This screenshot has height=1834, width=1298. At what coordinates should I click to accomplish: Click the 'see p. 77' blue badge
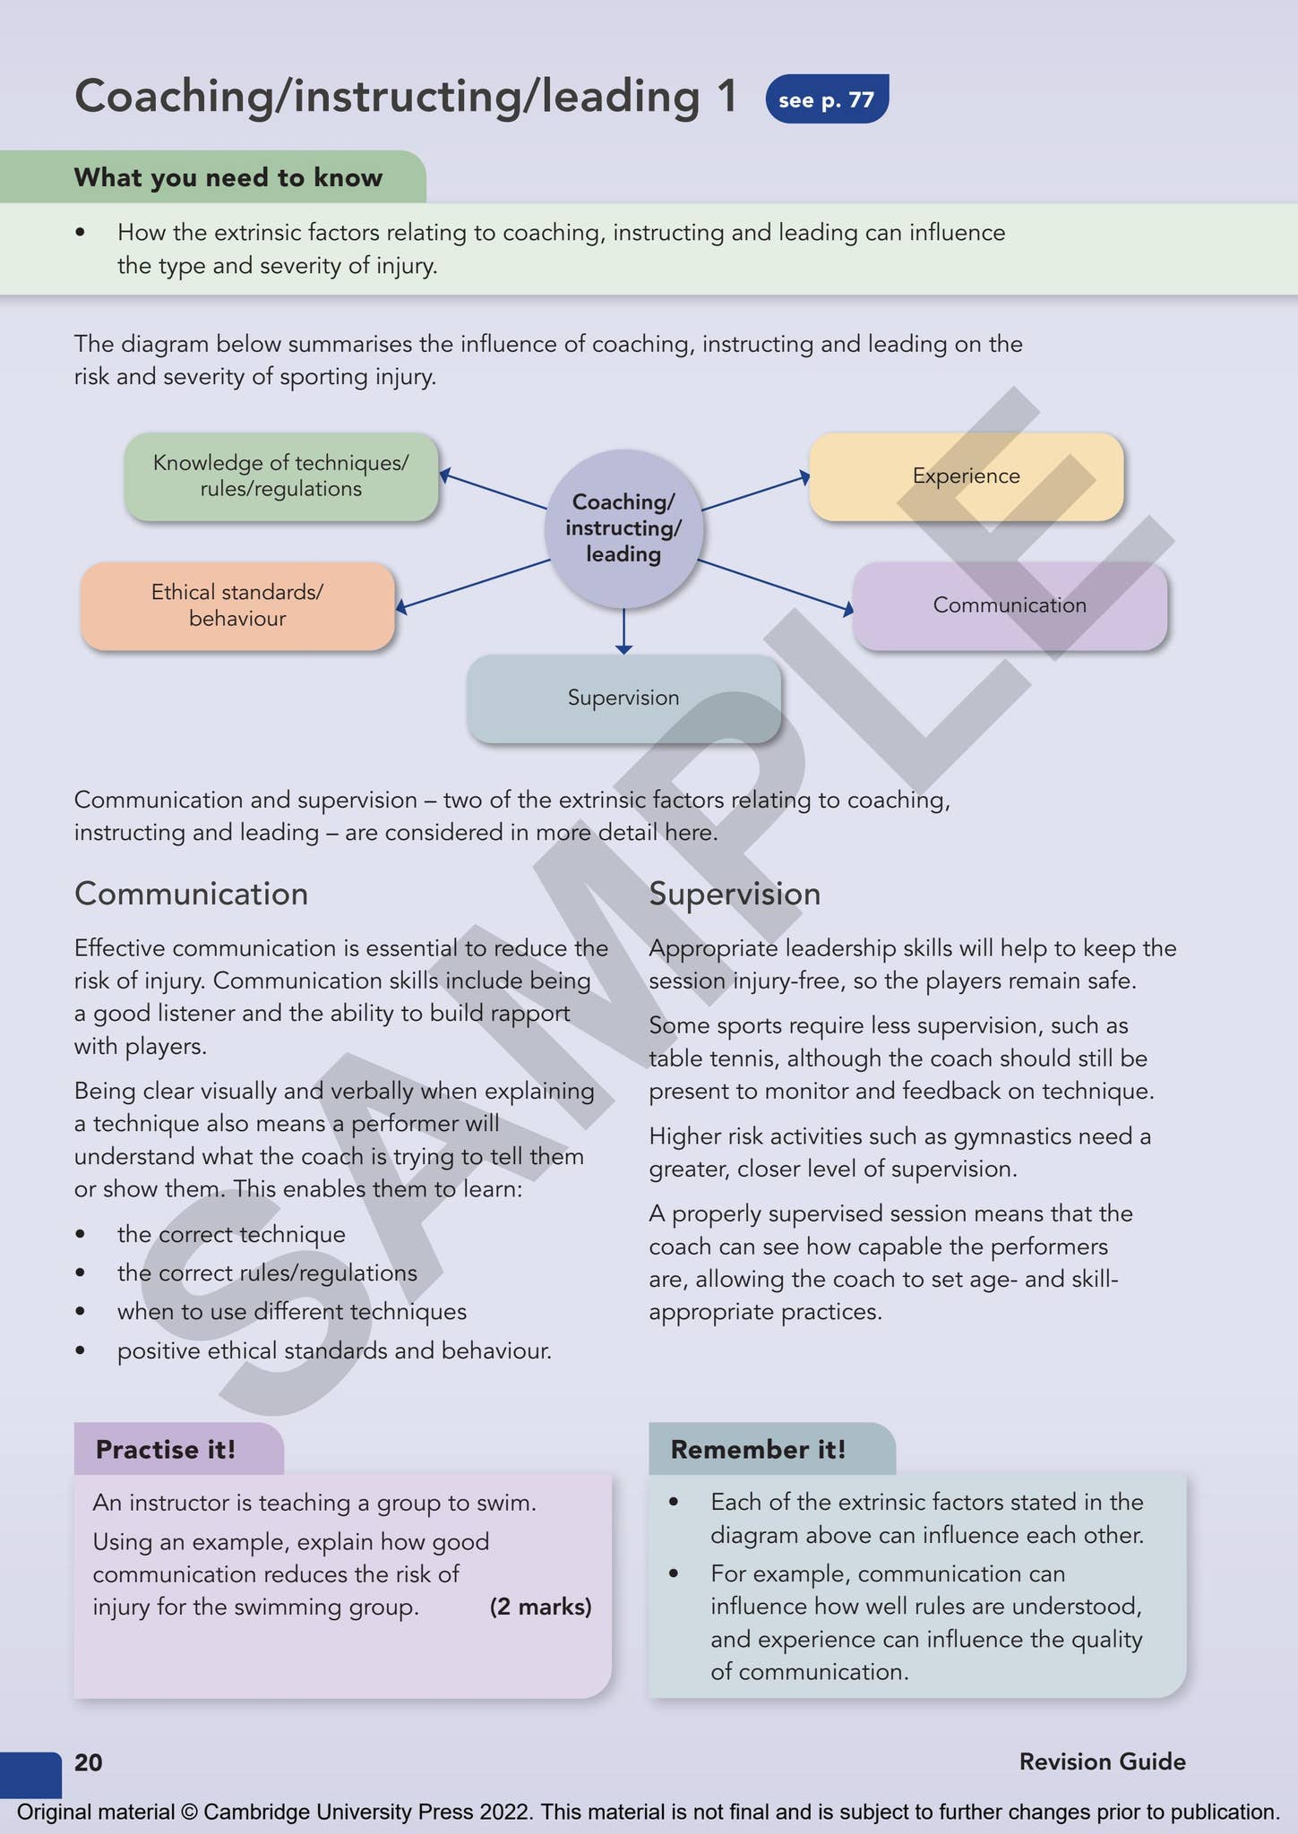(826, 99)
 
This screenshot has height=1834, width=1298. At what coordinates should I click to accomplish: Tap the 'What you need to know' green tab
(228, 177)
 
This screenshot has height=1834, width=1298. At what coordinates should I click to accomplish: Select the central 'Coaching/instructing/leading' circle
(623, 528)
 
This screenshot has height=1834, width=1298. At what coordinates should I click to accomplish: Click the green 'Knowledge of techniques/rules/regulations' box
(280, 476)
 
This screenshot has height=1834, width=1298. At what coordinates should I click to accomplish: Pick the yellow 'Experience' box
(966, 476)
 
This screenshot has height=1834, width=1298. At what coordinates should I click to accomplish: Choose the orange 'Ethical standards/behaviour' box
(237, 605)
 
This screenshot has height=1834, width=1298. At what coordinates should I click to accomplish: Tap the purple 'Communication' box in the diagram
(1010, 605)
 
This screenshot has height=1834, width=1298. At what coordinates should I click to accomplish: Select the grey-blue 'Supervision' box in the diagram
(623, 698)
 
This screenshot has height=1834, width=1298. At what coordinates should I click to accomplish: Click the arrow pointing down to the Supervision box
(623, 632)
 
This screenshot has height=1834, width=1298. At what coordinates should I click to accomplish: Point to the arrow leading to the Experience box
(755, 493)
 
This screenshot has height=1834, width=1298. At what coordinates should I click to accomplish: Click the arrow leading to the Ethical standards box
(472, 584)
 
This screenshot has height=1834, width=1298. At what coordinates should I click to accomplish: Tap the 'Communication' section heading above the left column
(191, 894)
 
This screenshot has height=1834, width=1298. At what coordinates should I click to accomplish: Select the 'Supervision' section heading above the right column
(735, 894)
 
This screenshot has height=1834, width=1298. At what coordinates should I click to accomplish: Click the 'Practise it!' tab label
(166, 1449)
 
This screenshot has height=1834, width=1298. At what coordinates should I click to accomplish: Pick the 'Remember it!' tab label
(758, 1449)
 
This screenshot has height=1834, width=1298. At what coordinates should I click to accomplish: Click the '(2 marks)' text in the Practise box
(540, 1607)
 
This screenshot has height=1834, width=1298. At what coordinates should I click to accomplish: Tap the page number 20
(88, 1762)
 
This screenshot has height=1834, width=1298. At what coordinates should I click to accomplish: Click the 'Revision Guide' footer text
(1102, 1761)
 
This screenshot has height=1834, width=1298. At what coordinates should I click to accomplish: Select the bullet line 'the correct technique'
(231, 1234)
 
